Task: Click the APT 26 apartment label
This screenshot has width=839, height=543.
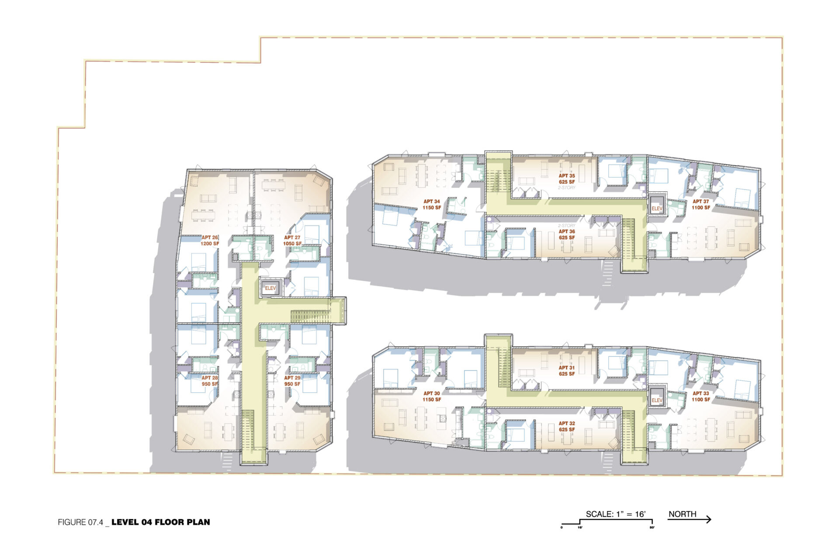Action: (x=210, y=240)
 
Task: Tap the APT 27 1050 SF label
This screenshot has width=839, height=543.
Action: (x=292, y=240)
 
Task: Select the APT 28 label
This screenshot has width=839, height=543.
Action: (x=210, y=381)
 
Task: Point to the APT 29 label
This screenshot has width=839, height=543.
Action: (x=292, y=381)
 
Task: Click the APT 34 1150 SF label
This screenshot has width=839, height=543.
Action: (x=431, y=205)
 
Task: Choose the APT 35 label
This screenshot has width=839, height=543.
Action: (x=567, y=179)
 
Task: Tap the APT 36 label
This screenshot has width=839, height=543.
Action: (x=567, y=235)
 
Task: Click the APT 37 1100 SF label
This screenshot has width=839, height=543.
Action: (x=701, y=205)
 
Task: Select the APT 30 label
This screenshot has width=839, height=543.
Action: (x=431, y=397)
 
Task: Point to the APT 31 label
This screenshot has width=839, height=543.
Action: (x=567, y=371)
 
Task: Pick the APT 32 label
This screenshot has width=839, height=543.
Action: (x=567, y=426)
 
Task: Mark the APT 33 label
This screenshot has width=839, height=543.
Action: (x=701, y=397)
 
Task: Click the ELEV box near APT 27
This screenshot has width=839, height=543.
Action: (x=270, y=288)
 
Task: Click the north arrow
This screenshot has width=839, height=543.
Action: (x=690, y=519)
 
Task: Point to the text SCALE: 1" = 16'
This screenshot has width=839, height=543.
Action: (x=616, y=514)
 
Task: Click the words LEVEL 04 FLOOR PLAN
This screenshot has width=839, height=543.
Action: (x=161, y=522)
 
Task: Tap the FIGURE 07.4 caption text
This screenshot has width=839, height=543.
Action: (x=80, y=522)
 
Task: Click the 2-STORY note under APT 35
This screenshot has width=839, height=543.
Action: (x=567, y=188)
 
